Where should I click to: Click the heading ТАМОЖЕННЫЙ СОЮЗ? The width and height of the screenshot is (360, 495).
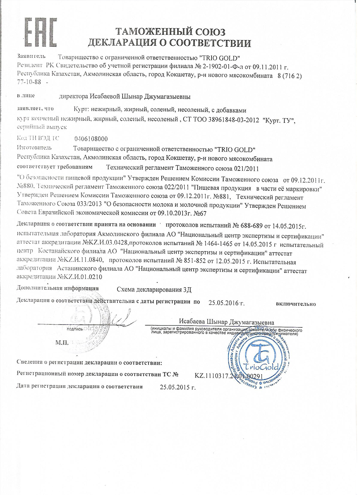pyautogui.click(x=170, y=31)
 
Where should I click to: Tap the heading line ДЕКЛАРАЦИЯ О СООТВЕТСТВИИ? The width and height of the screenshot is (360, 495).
pyautogui.click(x=169, y=43)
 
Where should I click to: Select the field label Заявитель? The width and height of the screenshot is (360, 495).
pyautogui.click(x=31, y=56)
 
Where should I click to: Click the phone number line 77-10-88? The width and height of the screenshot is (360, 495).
pyautogui.click(x=30, y=83)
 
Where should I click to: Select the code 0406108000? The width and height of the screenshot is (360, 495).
pyautogui.click(x=91, y=139)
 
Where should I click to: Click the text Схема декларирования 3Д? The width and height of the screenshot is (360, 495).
pyautogui.click(x=154, y=290)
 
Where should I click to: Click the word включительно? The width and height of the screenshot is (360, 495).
pyautogui.click(x=296, y=304)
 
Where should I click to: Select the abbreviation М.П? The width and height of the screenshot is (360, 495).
pyautogui.click(x=62, y=343)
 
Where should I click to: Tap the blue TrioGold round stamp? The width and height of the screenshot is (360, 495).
pyautogui.click(x=259, y=361)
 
